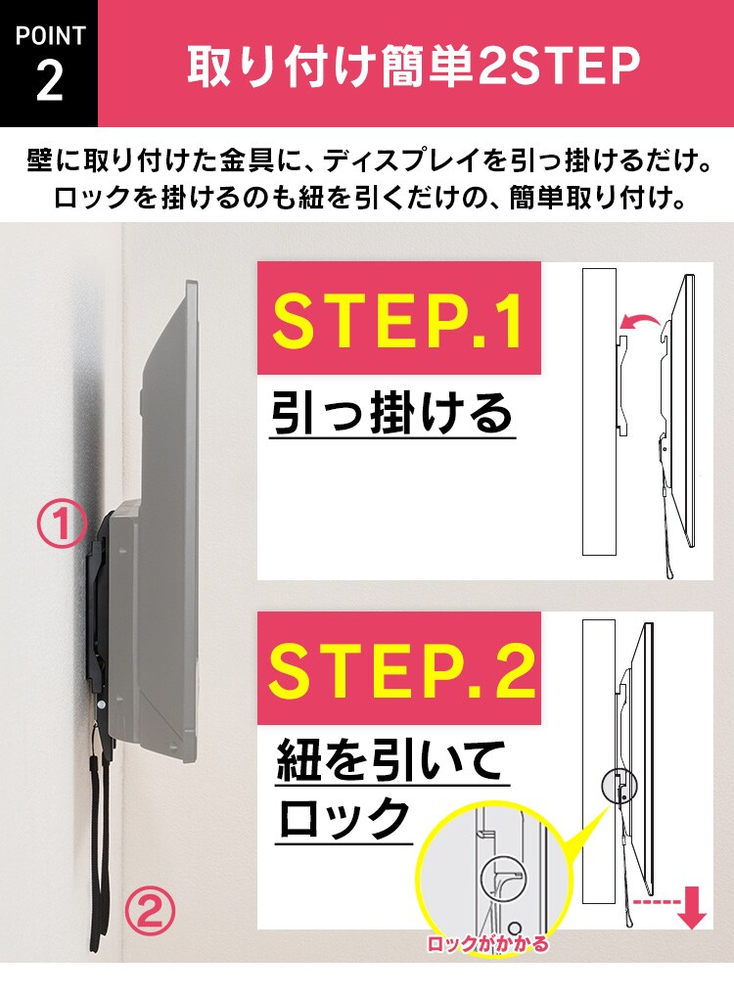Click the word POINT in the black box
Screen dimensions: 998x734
tap(49, 36)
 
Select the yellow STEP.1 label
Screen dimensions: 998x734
tap(398, 317)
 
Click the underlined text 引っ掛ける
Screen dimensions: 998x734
tap(391, 414)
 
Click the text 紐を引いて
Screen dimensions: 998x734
tap(390, 760)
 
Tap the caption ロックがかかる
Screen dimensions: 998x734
tap(486, 945)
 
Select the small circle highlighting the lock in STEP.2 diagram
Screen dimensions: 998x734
tap(618, 785)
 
